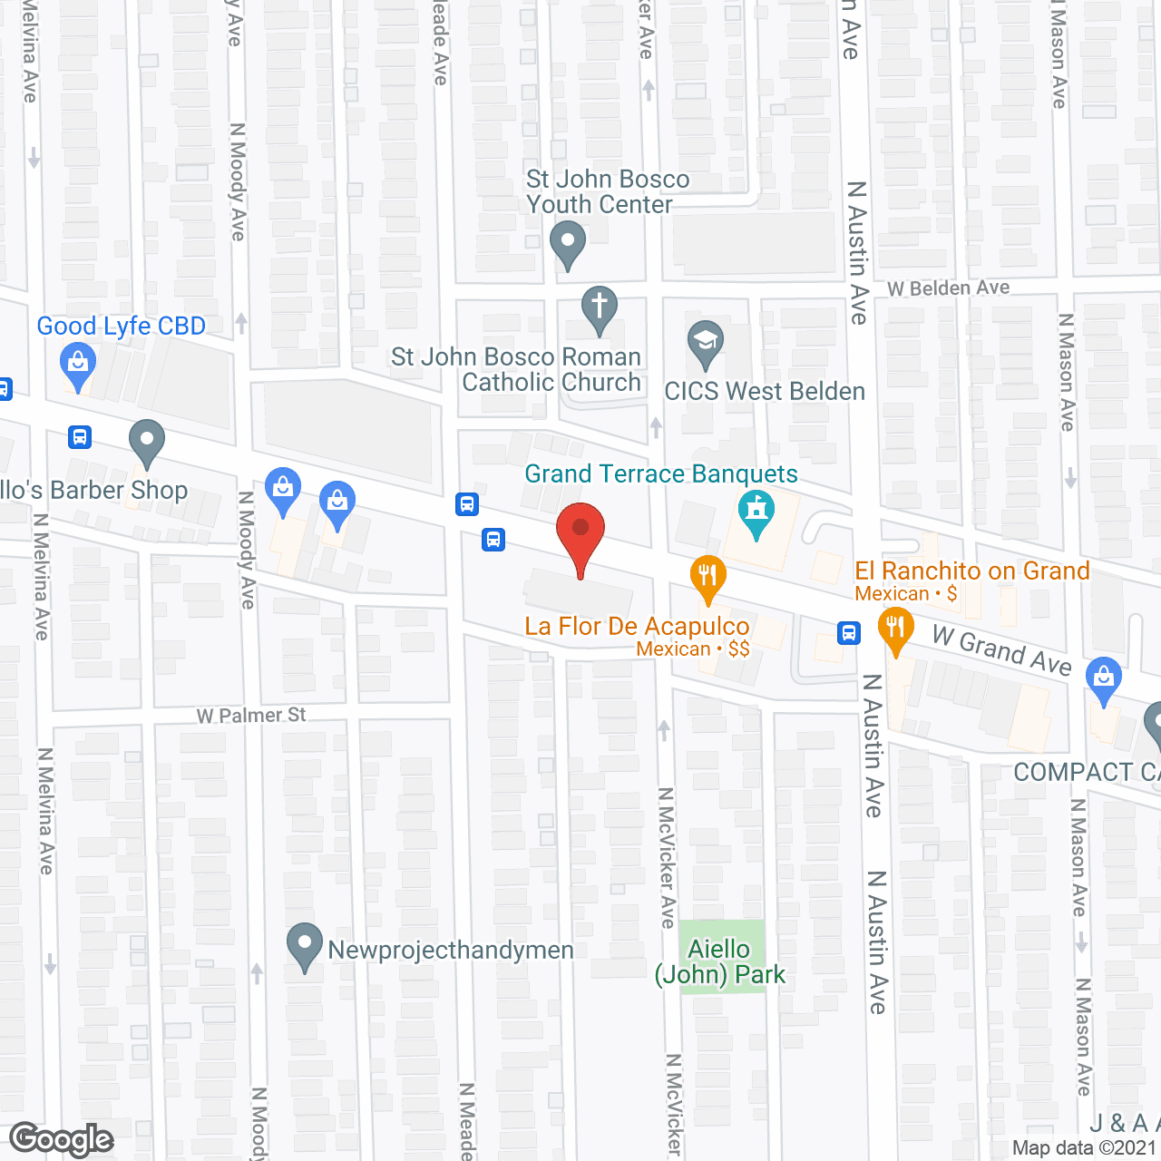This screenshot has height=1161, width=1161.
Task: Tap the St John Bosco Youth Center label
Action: point(607,192)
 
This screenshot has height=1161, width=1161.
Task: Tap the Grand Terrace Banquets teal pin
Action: point(756,512)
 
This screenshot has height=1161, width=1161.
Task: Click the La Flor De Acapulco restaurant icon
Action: point(707,577)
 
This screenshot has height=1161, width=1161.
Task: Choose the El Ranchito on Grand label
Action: point(971,571)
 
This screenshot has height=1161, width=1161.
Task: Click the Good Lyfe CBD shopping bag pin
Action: point(78,365)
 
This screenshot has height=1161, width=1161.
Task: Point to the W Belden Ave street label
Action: point(948,288)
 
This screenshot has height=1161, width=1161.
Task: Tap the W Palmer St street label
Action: point(251,716)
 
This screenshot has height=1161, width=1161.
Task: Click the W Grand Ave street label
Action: point(1001,651)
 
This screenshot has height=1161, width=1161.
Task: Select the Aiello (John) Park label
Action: point(720,961)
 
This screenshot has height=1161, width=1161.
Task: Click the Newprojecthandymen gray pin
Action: point(305,945)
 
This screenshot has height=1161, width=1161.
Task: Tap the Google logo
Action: point(62,1139)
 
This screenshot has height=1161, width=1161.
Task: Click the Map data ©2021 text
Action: point(1085,1148)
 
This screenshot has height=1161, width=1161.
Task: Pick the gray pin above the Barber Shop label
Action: point(146,442)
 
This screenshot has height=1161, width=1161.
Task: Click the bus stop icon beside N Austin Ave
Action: point(849,632)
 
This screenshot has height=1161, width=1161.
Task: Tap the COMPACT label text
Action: point(1085,772)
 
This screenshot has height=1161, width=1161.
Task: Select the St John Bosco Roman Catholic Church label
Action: point(516,369)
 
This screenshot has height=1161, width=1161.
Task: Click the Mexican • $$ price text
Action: point(693,649)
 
